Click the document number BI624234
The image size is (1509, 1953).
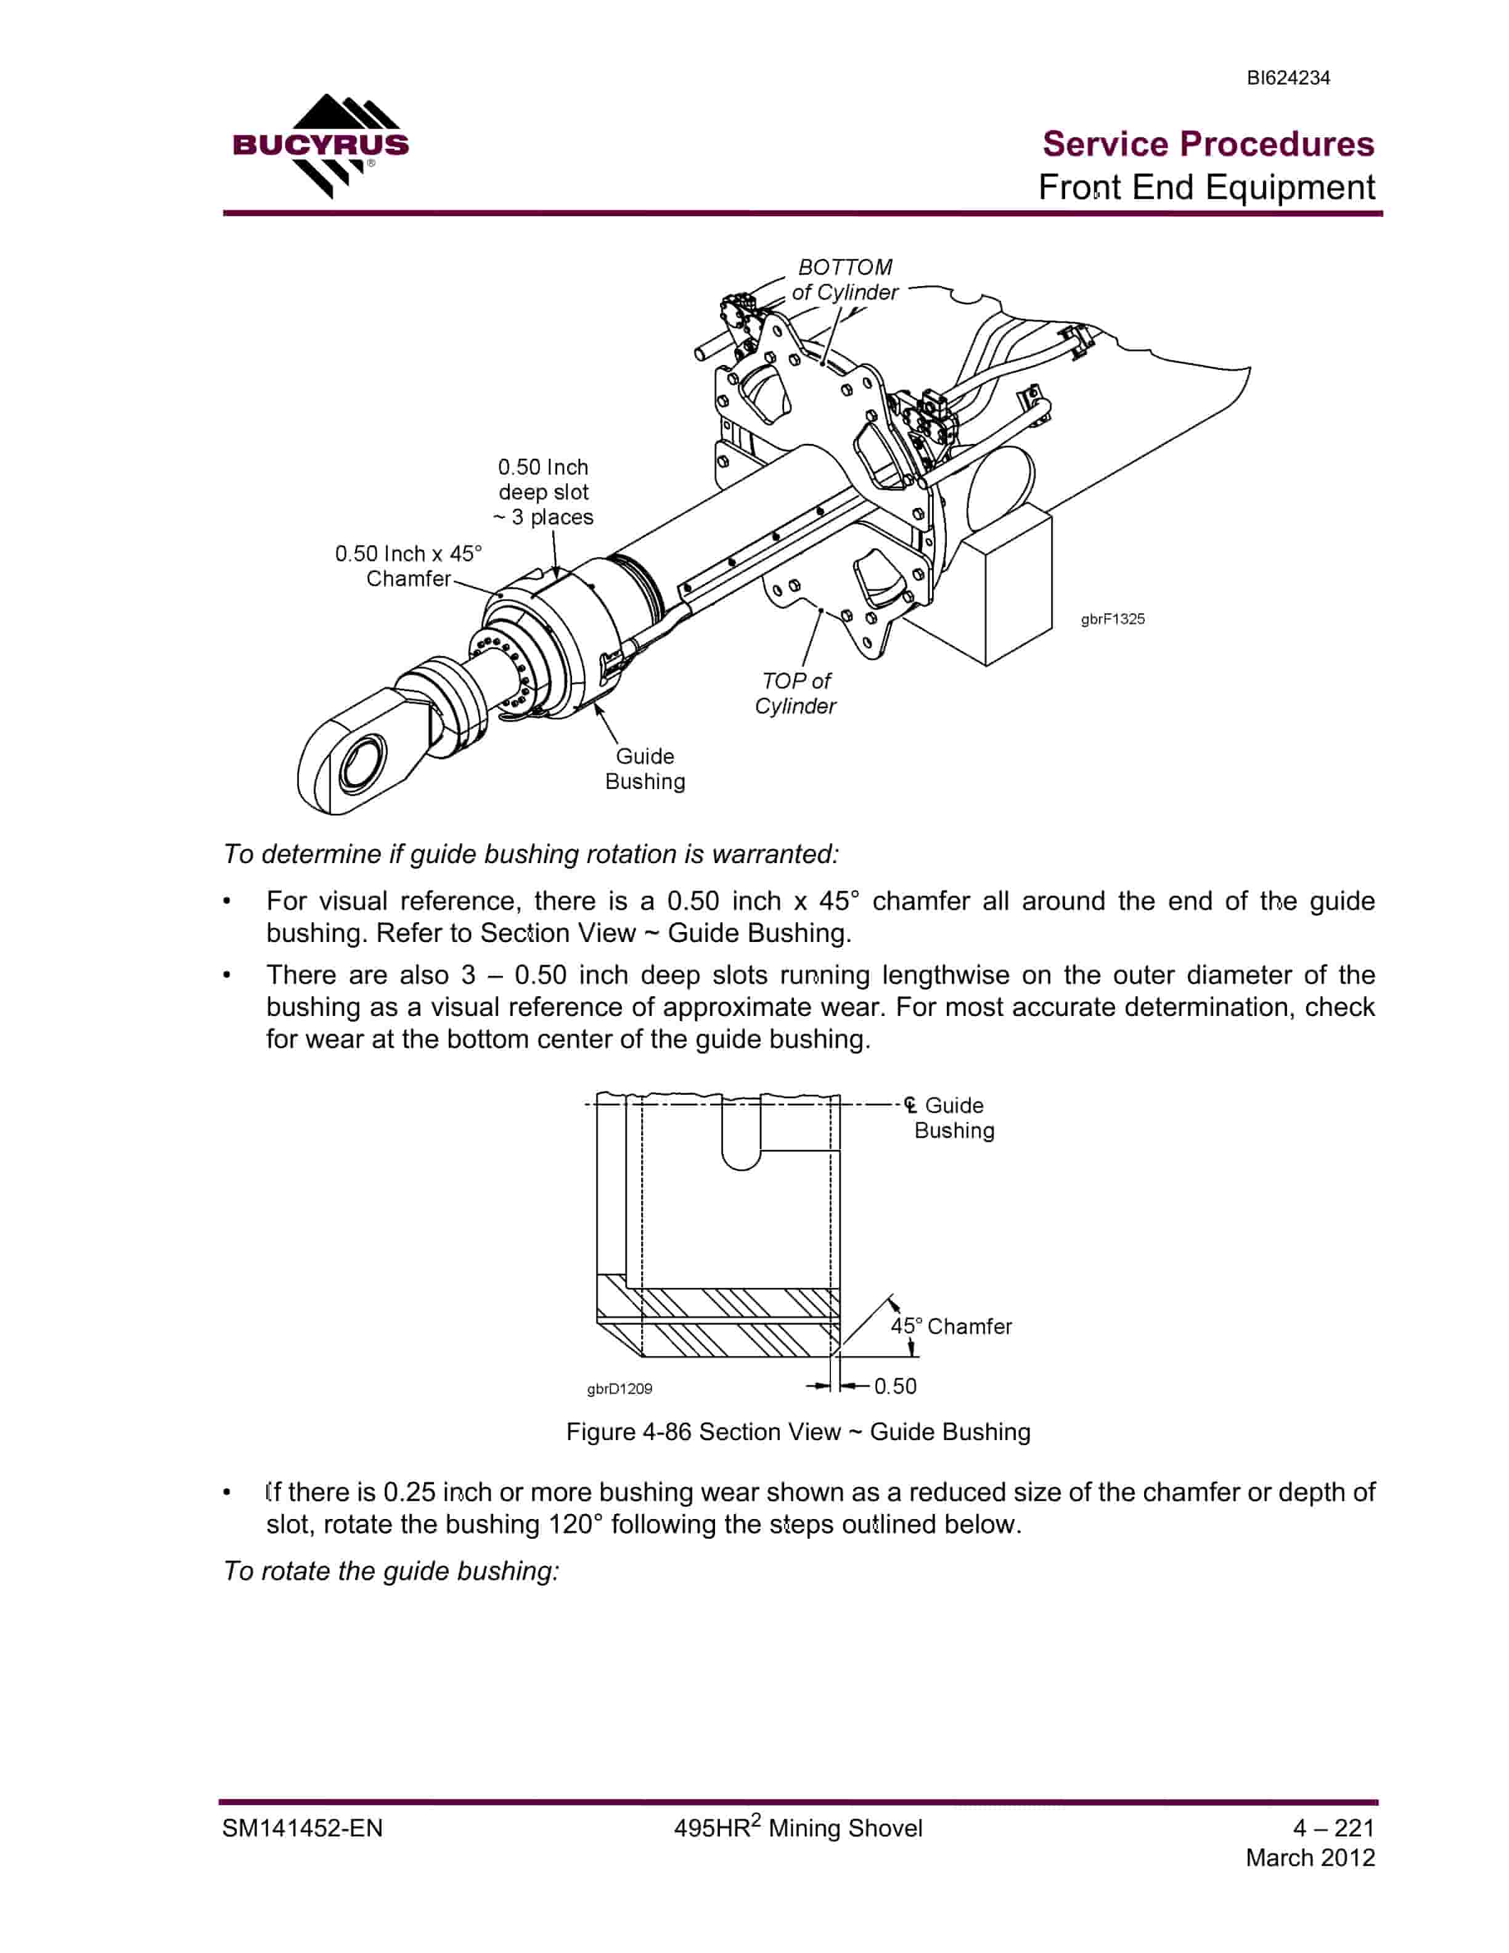[1288, 78]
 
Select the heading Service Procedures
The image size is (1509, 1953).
[1208, 144]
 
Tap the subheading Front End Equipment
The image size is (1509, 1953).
[1206, 187]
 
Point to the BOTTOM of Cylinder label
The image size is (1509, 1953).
[844, 280]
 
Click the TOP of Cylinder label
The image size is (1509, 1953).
[796, 693]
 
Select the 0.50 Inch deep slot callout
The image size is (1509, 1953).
[544, 492]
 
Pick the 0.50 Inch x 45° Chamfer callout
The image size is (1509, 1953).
[409, 566]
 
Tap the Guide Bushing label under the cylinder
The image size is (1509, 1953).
[645, 768]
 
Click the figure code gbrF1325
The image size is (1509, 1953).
[1112, 619]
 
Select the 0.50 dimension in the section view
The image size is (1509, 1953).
[895, 1386]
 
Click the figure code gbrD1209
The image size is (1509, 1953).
[620, 1389]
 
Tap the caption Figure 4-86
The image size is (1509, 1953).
[798, 1431]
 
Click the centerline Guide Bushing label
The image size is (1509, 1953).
[949, 1118]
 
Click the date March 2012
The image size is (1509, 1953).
[1310, 1857]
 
